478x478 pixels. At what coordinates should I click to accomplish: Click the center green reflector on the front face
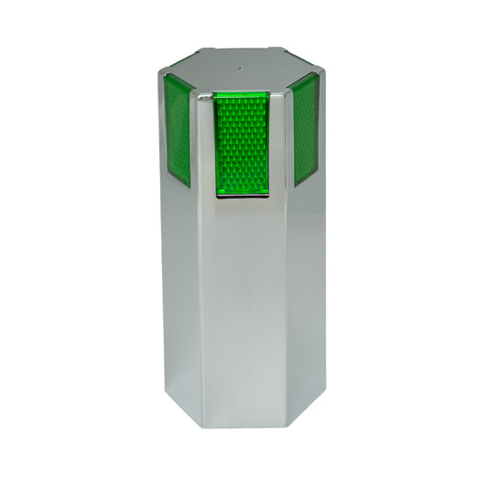pos(244,144)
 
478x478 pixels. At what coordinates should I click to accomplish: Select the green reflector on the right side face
pos(306,130)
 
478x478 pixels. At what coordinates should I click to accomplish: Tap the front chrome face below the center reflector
pos(244,302)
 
